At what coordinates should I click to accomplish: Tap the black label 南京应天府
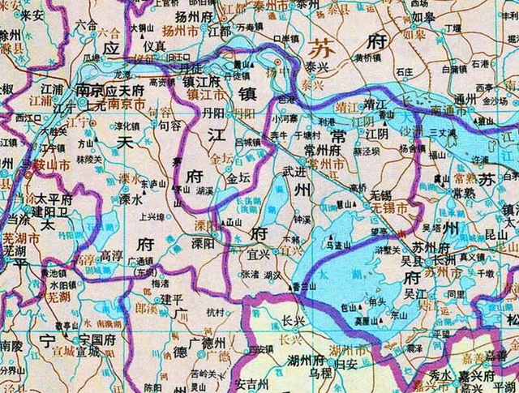point(109,91)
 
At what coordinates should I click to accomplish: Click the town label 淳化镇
point(127,127)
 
